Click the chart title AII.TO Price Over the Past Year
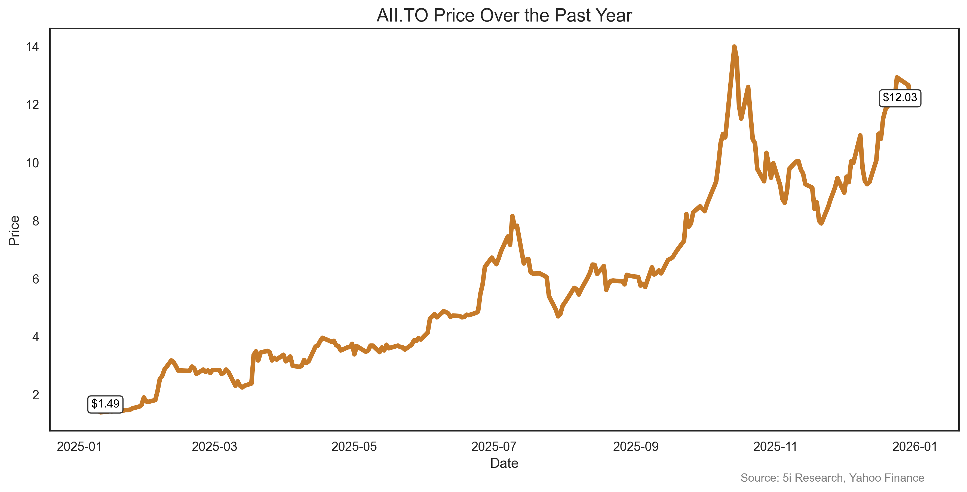(x=504, y=16)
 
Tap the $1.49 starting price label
(x=106, y=404)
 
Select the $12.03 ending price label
(x=900, y=98)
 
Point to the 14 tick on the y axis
(x=32, y=47)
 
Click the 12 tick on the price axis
(x=32, y=105)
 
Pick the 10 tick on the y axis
(x=32, y=163)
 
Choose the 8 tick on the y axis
(x=35, y=221)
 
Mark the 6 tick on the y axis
(x=35, y=279)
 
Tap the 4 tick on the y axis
(x=35, y=337)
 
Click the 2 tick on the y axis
(x=35, y=395)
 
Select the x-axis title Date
(x=504, y=463)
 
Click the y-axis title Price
(x=14, y=230)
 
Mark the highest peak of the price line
(x=734, y=47)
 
